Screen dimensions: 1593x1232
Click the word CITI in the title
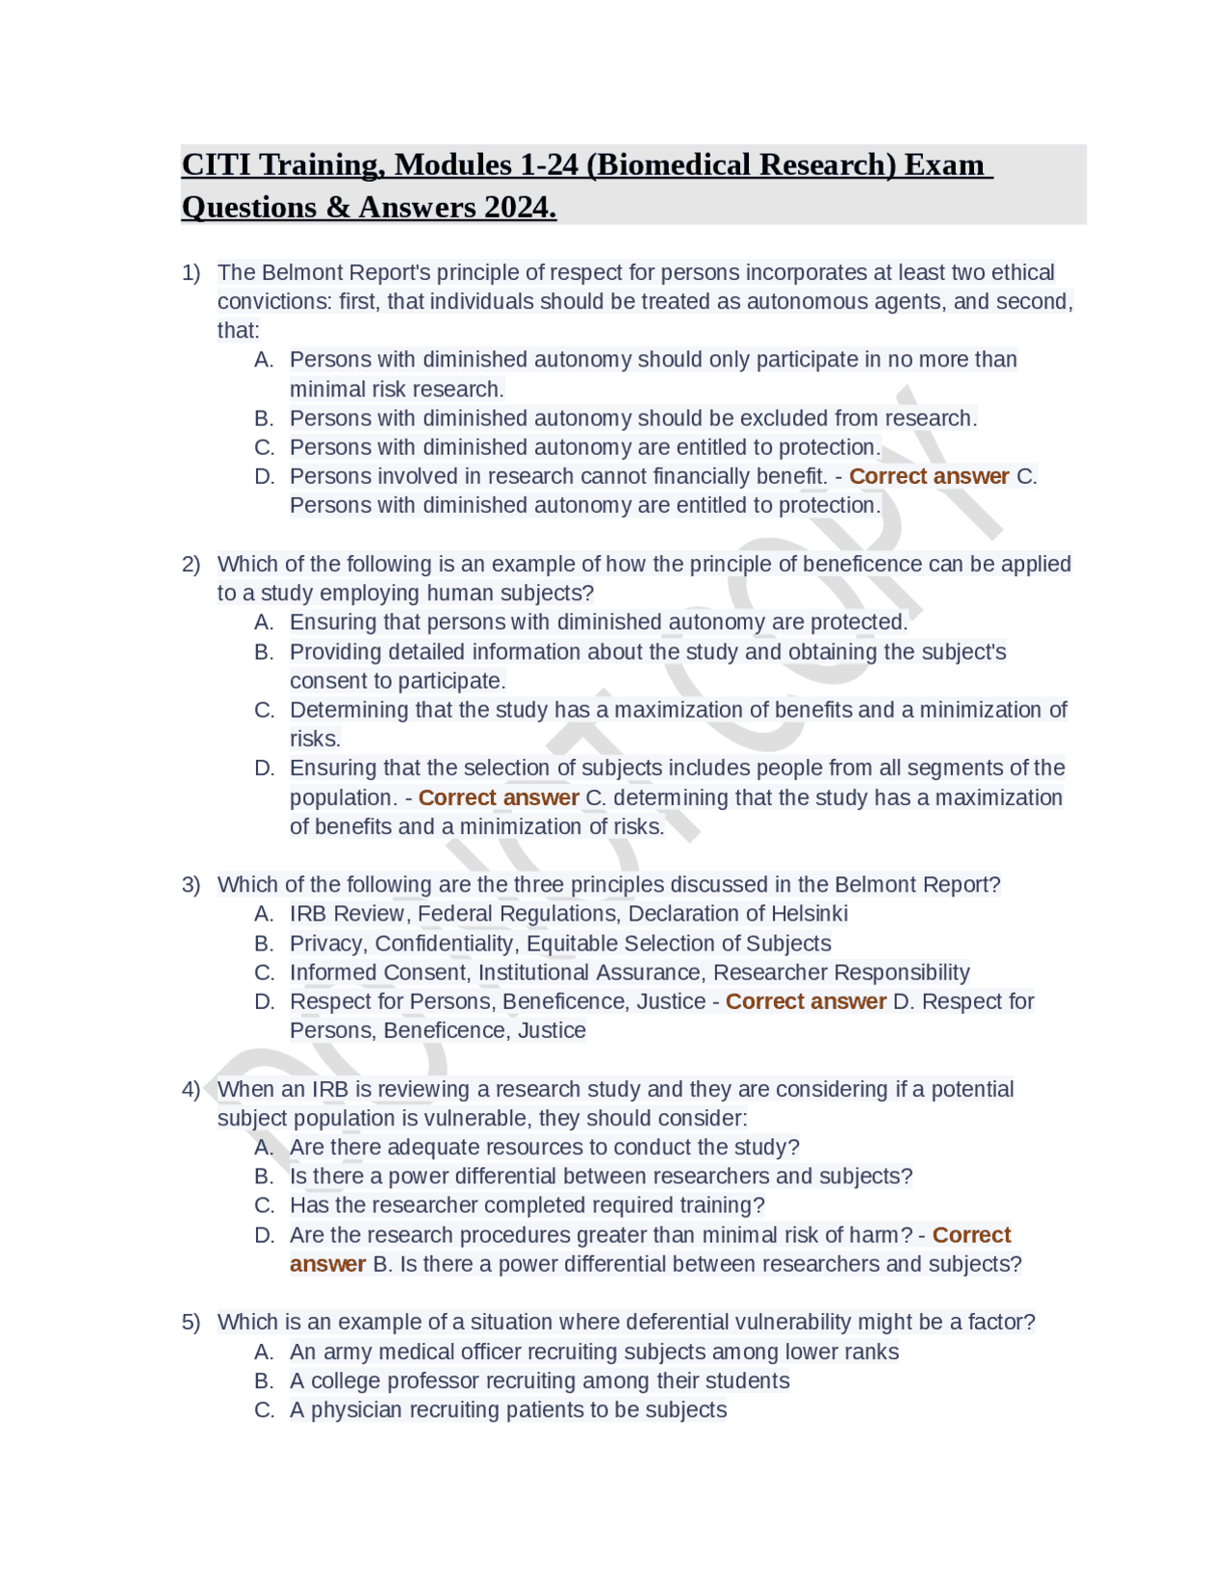click(x=217, y=164)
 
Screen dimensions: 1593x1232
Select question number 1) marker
click(x=191, y=272)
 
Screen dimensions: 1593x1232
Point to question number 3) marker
click(x=191, y=884)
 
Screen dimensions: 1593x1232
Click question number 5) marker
click(x=191, y=1322)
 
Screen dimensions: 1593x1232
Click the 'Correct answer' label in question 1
click(x=929, y=476)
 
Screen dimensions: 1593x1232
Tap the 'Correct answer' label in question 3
click(x=806, y=1001)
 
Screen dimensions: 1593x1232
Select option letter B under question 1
click(x=264, y=418)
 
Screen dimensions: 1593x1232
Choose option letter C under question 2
click(x=264, y=710)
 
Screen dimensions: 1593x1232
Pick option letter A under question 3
click(x=264, y=914)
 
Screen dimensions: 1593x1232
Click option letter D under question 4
click(x=264, y=1235)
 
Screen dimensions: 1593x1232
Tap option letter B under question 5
click(x=264, y=1381)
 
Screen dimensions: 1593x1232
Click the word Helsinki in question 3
click(x=806, y=914)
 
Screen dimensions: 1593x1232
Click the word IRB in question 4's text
click(x=330, y=1089)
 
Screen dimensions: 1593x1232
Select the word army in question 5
click(x=347, y=1352)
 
